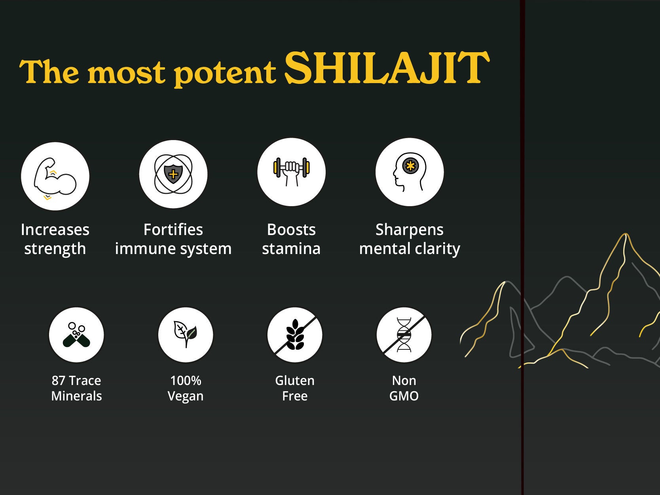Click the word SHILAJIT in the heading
click(387, 68)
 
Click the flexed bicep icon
click(55, 176)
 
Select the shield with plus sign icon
click(173, 174)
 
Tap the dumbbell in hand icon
click(291, 172)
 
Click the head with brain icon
click(410, 172)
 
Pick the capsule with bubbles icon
click(76, 335)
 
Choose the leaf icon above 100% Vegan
click(186, 335)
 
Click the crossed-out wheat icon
click(295, 335)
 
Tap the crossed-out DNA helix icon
click(404, 335)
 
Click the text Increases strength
click(55, 239)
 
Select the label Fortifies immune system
click(173, 239)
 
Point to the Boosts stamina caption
click(291, 239)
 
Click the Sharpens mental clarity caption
click(410, 239)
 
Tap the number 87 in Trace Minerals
click(58, 381)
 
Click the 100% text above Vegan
click(186, 381)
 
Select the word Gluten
click(295, 381)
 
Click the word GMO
click(404, 396)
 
